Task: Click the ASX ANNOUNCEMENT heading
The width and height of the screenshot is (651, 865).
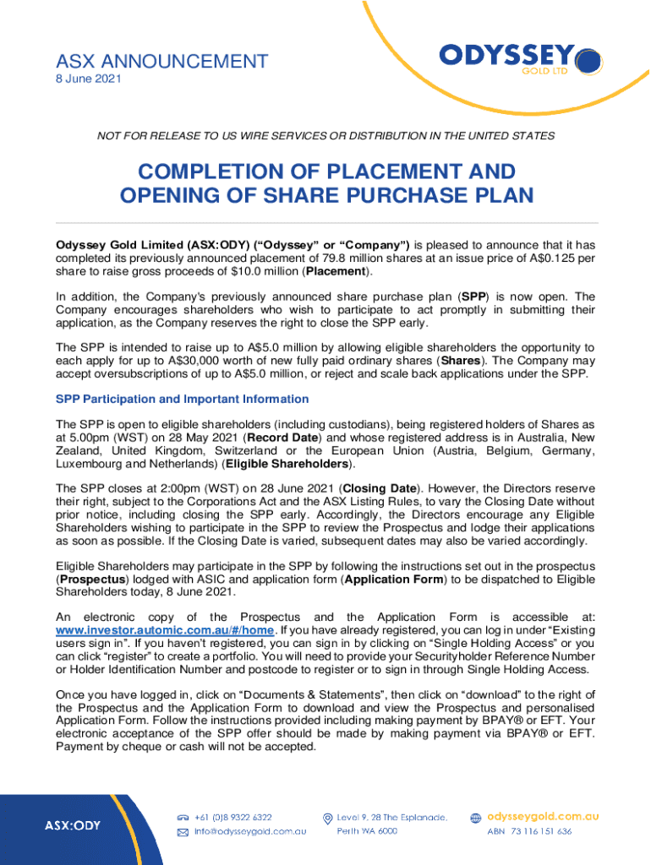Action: point(161,61)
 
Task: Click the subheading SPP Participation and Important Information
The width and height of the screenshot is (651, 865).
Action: point(182,399)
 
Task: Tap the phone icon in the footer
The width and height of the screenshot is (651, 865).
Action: point(182,818)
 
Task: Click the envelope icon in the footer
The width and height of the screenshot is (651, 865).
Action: point(182,832)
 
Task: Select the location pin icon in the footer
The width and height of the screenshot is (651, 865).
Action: point(327,818)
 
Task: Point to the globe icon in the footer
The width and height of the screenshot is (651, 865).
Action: point(476,818)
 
